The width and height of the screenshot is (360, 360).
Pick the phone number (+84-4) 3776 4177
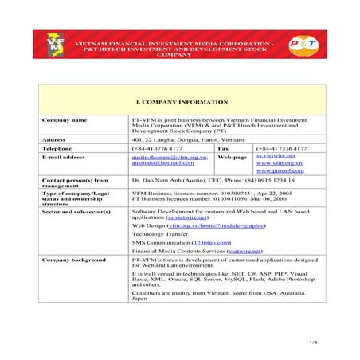click(x=157, y=147)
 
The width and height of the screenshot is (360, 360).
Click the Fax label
click(x=223, y=147)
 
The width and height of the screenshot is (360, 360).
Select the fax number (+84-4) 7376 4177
click(x=281, y=147)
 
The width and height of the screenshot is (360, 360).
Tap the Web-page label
click(x=231, y=157)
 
